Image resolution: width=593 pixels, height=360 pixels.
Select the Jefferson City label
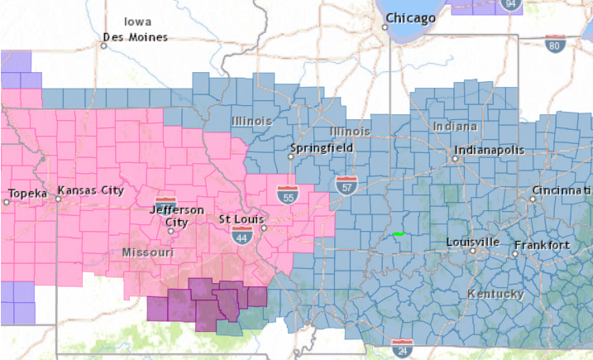(x=176, y=215)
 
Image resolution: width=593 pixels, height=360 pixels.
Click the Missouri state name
(x=147, y=252)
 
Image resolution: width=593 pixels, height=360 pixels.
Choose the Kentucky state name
(x=495, y=295)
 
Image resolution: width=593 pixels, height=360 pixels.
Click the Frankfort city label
(x=542, y=246)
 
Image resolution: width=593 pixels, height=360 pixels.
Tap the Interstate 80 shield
(x=556, y=43)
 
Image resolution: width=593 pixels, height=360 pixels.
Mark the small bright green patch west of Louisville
(x=399, y=234)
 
